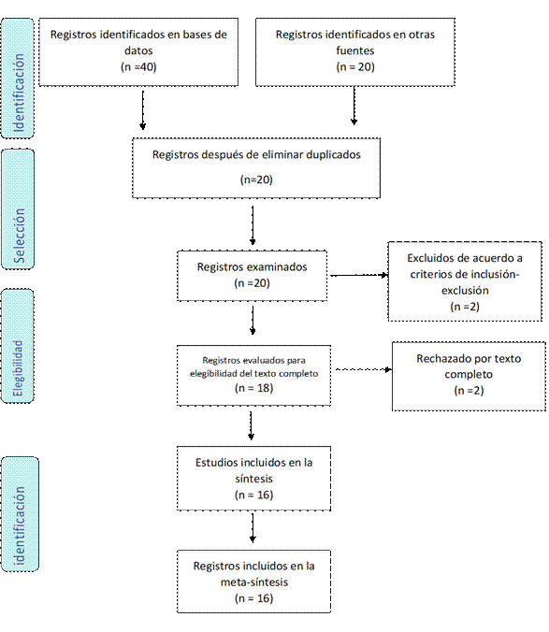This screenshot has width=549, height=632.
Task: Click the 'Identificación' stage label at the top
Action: (19, 93)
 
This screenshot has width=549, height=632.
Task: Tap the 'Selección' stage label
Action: (19, 236)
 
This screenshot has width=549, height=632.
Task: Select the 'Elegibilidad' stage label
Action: (18, 368)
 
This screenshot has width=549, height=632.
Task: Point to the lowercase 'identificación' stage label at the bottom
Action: (19, 525)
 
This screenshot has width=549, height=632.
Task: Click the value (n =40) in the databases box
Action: (138, 67)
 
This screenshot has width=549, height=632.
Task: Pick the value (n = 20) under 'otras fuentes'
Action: (355, 67)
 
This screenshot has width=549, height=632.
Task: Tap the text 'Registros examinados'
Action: (252, 266)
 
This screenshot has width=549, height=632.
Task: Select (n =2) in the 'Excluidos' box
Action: (465, 307)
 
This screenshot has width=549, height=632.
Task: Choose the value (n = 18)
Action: (254, 388)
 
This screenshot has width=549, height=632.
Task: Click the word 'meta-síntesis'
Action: (254, 582)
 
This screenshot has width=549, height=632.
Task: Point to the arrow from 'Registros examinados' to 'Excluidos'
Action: (359, 275)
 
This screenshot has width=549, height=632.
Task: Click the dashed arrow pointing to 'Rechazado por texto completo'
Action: (364, 369)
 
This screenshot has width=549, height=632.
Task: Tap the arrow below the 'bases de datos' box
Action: (143, 110)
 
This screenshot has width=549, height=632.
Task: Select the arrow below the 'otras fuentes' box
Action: (354, 106)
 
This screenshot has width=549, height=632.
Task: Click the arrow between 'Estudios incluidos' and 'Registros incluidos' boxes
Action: (253, 528)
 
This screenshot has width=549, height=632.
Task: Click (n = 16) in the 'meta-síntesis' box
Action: (254, 598)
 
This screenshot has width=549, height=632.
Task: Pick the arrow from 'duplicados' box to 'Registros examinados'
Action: (253, 225)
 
